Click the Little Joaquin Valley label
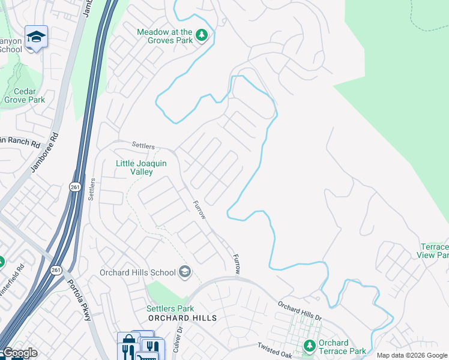(x=141, y=167)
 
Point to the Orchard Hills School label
(x=137, y=272)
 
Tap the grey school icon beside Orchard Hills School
(x=185, y=272)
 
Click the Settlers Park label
(x=170, y=308)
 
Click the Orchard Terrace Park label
(x=342, y=347)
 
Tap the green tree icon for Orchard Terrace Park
(x=310, y=346)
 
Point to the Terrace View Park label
(x=433, y=251)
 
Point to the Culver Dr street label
(x=178, y=338)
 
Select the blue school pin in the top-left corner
(x=36, y=38)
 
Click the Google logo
(x=19, y=353)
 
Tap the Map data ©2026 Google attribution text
(x=412, y=355)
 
